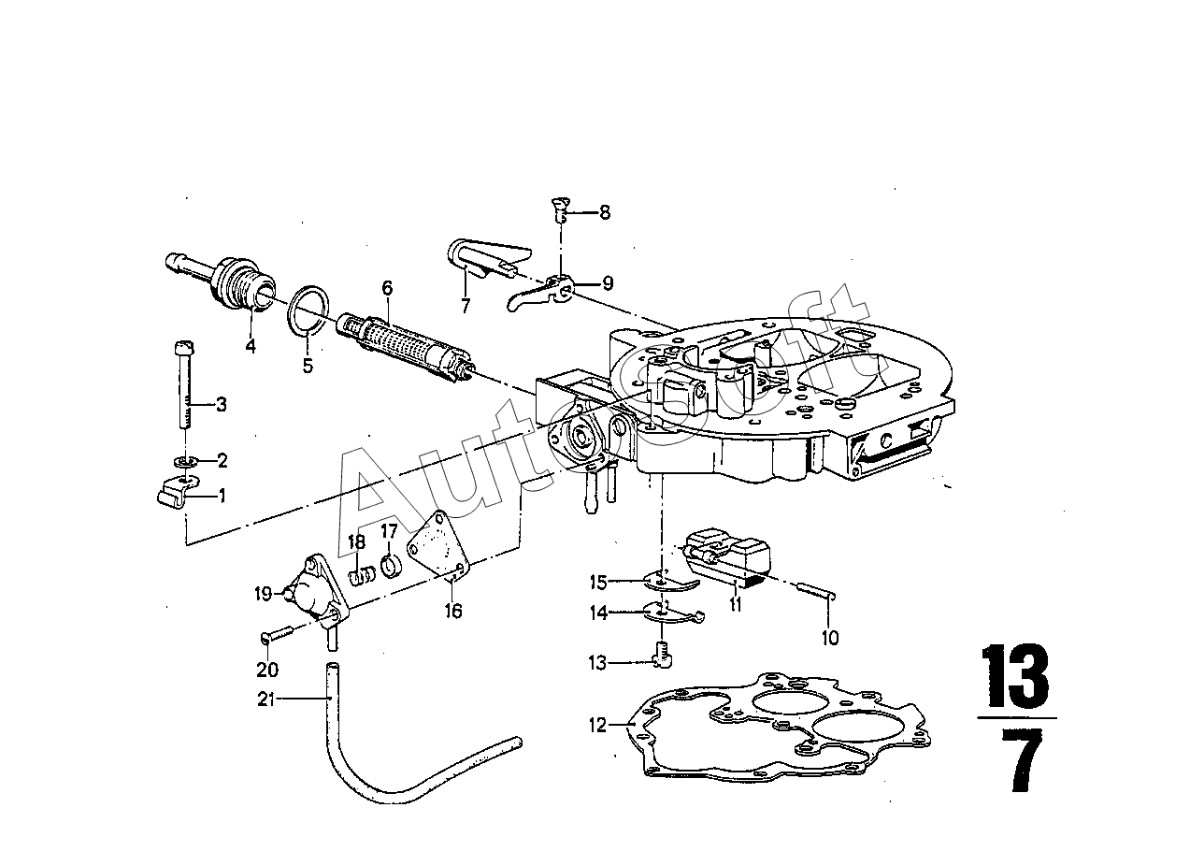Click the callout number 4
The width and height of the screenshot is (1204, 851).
pyautogui.click(x=251, y=346)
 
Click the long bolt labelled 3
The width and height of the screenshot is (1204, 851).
pyautogui.click(x=184, y=384)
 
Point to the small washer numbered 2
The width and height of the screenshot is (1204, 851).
pyautogui.click(x=186, y=461)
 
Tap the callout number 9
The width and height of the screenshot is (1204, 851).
pyautogui.click(x=607, y=282)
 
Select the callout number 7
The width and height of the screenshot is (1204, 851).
pyautogui.click(x=465, y=306)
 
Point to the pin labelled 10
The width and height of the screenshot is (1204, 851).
pyautogui.click(x=814, y=591)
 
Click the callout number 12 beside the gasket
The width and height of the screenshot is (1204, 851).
pyautogui.click(x=597, y=725)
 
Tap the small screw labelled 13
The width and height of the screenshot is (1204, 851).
pyautogui.click(x=662, y=656)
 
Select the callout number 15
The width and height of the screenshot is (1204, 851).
pyautogui.click(x=598, y=582)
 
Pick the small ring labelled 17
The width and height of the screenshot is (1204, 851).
pyautogui.click(x=392, y=566)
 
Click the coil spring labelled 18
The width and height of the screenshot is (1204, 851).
pyautogui.click(x=364, y=577)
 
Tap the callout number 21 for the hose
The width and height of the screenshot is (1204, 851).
pyautogui.click(x=266, y=699)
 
